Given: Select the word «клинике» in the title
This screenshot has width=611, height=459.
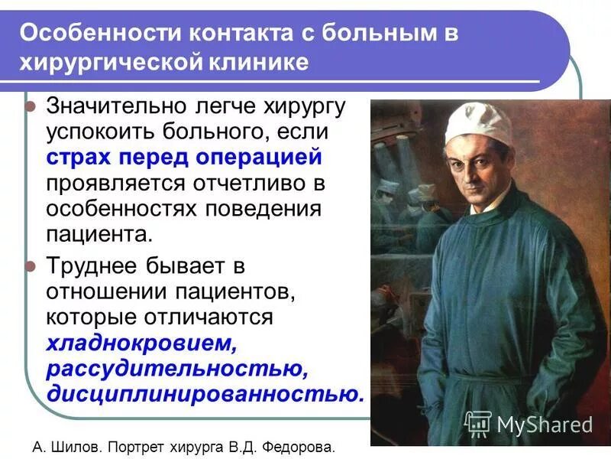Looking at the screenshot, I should point(257,61).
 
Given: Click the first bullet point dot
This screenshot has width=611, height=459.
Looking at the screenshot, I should point(31,107).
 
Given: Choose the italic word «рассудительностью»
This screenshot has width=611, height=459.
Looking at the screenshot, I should point(177,369).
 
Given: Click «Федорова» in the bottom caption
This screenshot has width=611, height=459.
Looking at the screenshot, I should point(301,446).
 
